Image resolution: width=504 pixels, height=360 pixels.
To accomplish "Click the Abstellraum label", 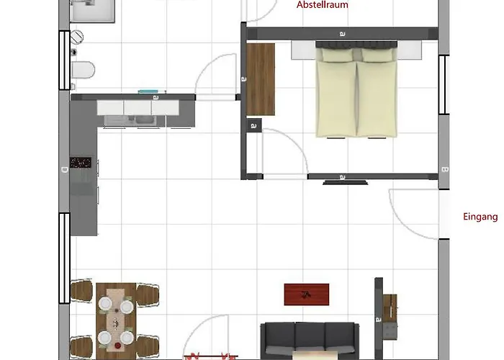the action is [322, 4].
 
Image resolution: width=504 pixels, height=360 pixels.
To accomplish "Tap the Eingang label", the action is [480, 217].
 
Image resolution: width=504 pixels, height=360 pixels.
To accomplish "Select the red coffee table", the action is [307, 294].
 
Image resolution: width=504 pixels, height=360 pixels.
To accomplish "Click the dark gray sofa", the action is [310, 341].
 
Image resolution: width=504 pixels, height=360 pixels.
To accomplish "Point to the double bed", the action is [356, 89].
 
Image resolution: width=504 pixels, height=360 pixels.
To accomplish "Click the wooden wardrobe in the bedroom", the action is [261, 79].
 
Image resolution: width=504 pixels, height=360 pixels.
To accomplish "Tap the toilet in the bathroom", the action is [83, 70].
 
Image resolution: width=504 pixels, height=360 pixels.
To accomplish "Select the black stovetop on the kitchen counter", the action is [81, 163].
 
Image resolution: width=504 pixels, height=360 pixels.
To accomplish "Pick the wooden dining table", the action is [116, 318].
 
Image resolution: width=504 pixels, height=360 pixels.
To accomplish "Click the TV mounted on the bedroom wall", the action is [345, 183].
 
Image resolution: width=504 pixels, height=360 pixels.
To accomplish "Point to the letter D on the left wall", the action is [65, 170].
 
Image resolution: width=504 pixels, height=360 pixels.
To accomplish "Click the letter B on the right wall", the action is [444, 169].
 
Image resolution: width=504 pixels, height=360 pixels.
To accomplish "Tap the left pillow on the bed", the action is [337, 55].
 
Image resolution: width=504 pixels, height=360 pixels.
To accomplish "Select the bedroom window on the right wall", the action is [444, 85].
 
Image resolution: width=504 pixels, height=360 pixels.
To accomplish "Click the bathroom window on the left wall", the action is [64, 60].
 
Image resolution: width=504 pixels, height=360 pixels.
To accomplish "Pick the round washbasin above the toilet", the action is [77, 37].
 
